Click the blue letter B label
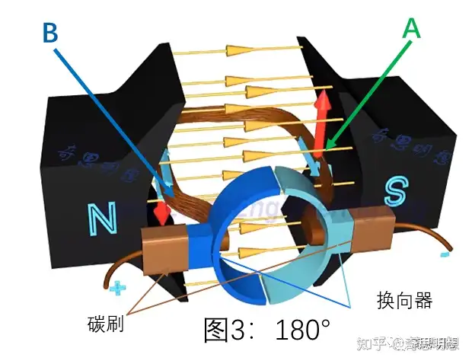pos(50,34)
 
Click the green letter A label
pos(412,28)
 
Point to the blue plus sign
pos(116,289)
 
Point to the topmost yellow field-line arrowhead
pos(241,49)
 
